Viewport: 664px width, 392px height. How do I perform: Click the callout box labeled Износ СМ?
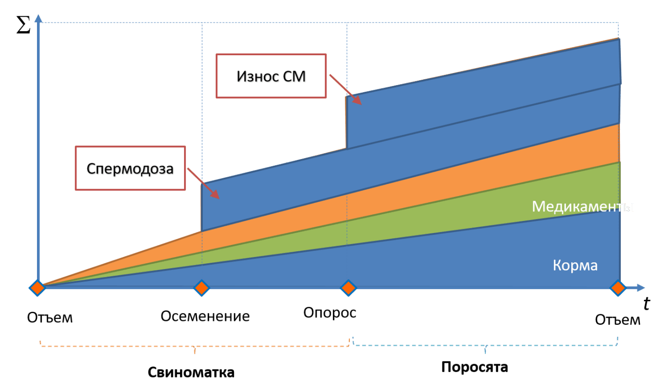271,76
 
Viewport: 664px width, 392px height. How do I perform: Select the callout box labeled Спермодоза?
130,168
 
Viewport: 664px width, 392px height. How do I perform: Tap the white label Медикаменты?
583,207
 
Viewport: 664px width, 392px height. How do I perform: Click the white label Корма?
575,265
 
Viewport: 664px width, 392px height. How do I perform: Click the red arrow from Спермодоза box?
203,183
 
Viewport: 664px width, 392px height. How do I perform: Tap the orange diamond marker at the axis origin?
37,288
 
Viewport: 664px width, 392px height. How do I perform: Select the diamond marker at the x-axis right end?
617,288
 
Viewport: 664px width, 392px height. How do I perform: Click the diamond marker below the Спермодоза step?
202,288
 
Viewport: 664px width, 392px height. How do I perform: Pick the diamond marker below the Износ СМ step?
348,288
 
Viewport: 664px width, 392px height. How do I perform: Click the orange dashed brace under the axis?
195,345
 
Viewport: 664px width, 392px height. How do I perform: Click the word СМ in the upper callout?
294,76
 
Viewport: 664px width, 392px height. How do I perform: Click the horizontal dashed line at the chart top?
336,23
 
